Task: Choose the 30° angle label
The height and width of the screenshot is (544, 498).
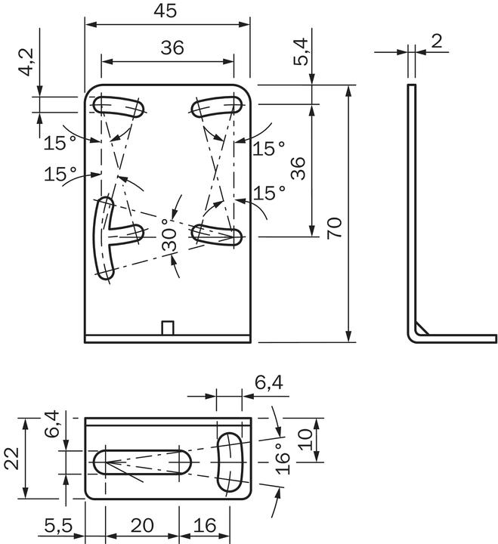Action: click(x=170, y=235)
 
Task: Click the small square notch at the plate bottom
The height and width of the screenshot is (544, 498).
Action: click(x=169, y=326)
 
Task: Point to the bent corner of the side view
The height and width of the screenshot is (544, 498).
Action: click(x=417, y=332)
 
